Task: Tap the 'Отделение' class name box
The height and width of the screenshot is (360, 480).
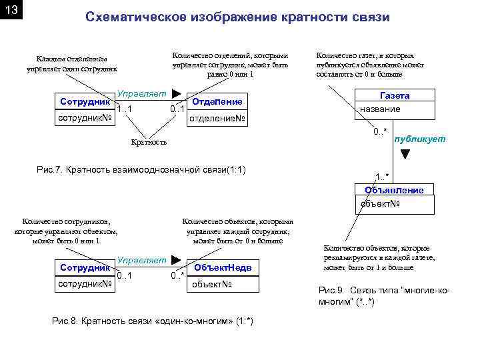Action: click(217, 102)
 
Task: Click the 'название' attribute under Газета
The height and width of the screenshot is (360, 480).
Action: click(380, 109)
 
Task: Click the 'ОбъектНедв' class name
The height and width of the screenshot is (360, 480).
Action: click(223, 267)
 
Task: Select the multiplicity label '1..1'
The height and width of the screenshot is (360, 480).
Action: click(125, 109)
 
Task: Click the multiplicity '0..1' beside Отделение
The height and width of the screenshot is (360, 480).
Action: click(177, 109)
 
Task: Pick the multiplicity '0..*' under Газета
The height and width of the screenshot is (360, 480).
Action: click(381, 130)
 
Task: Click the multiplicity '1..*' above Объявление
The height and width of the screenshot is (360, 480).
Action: click(383, 176)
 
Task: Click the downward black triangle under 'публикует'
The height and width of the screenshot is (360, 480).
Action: click(405, 155)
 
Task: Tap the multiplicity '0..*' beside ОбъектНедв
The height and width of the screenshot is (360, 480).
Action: click(177, 275)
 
